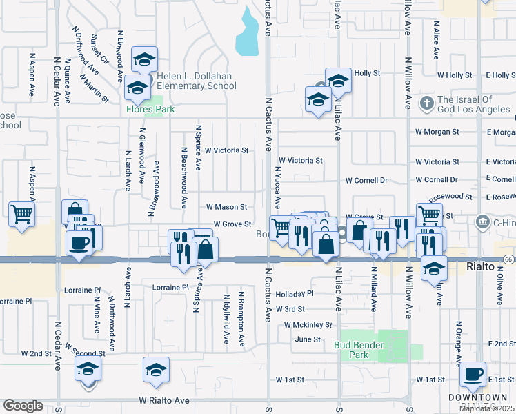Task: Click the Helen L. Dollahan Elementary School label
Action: (196, 81)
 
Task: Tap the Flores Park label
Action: (150, 109)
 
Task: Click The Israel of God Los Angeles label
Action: (475, 104)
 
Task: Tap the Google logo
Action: (23, 406)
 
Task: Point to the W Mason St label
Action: (226, 207)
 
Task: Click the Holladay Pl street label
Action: (295, 293)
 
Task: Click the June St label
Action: (308, 339)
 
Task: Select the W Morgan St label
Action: (437, 132)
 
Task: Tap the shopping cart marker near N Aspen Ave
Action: (21, 214)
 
